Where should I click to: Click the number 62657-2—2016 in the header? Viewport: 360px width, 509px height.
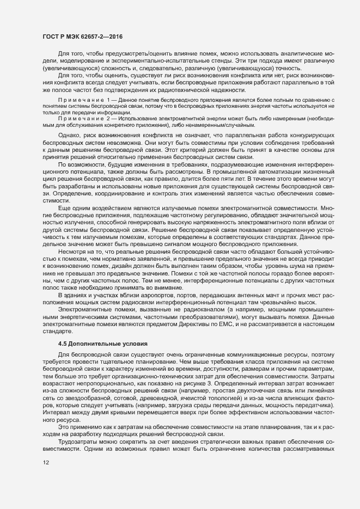click(104, 36)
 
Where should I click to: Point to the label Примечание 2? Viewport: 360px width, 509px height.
click(81, 119)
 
